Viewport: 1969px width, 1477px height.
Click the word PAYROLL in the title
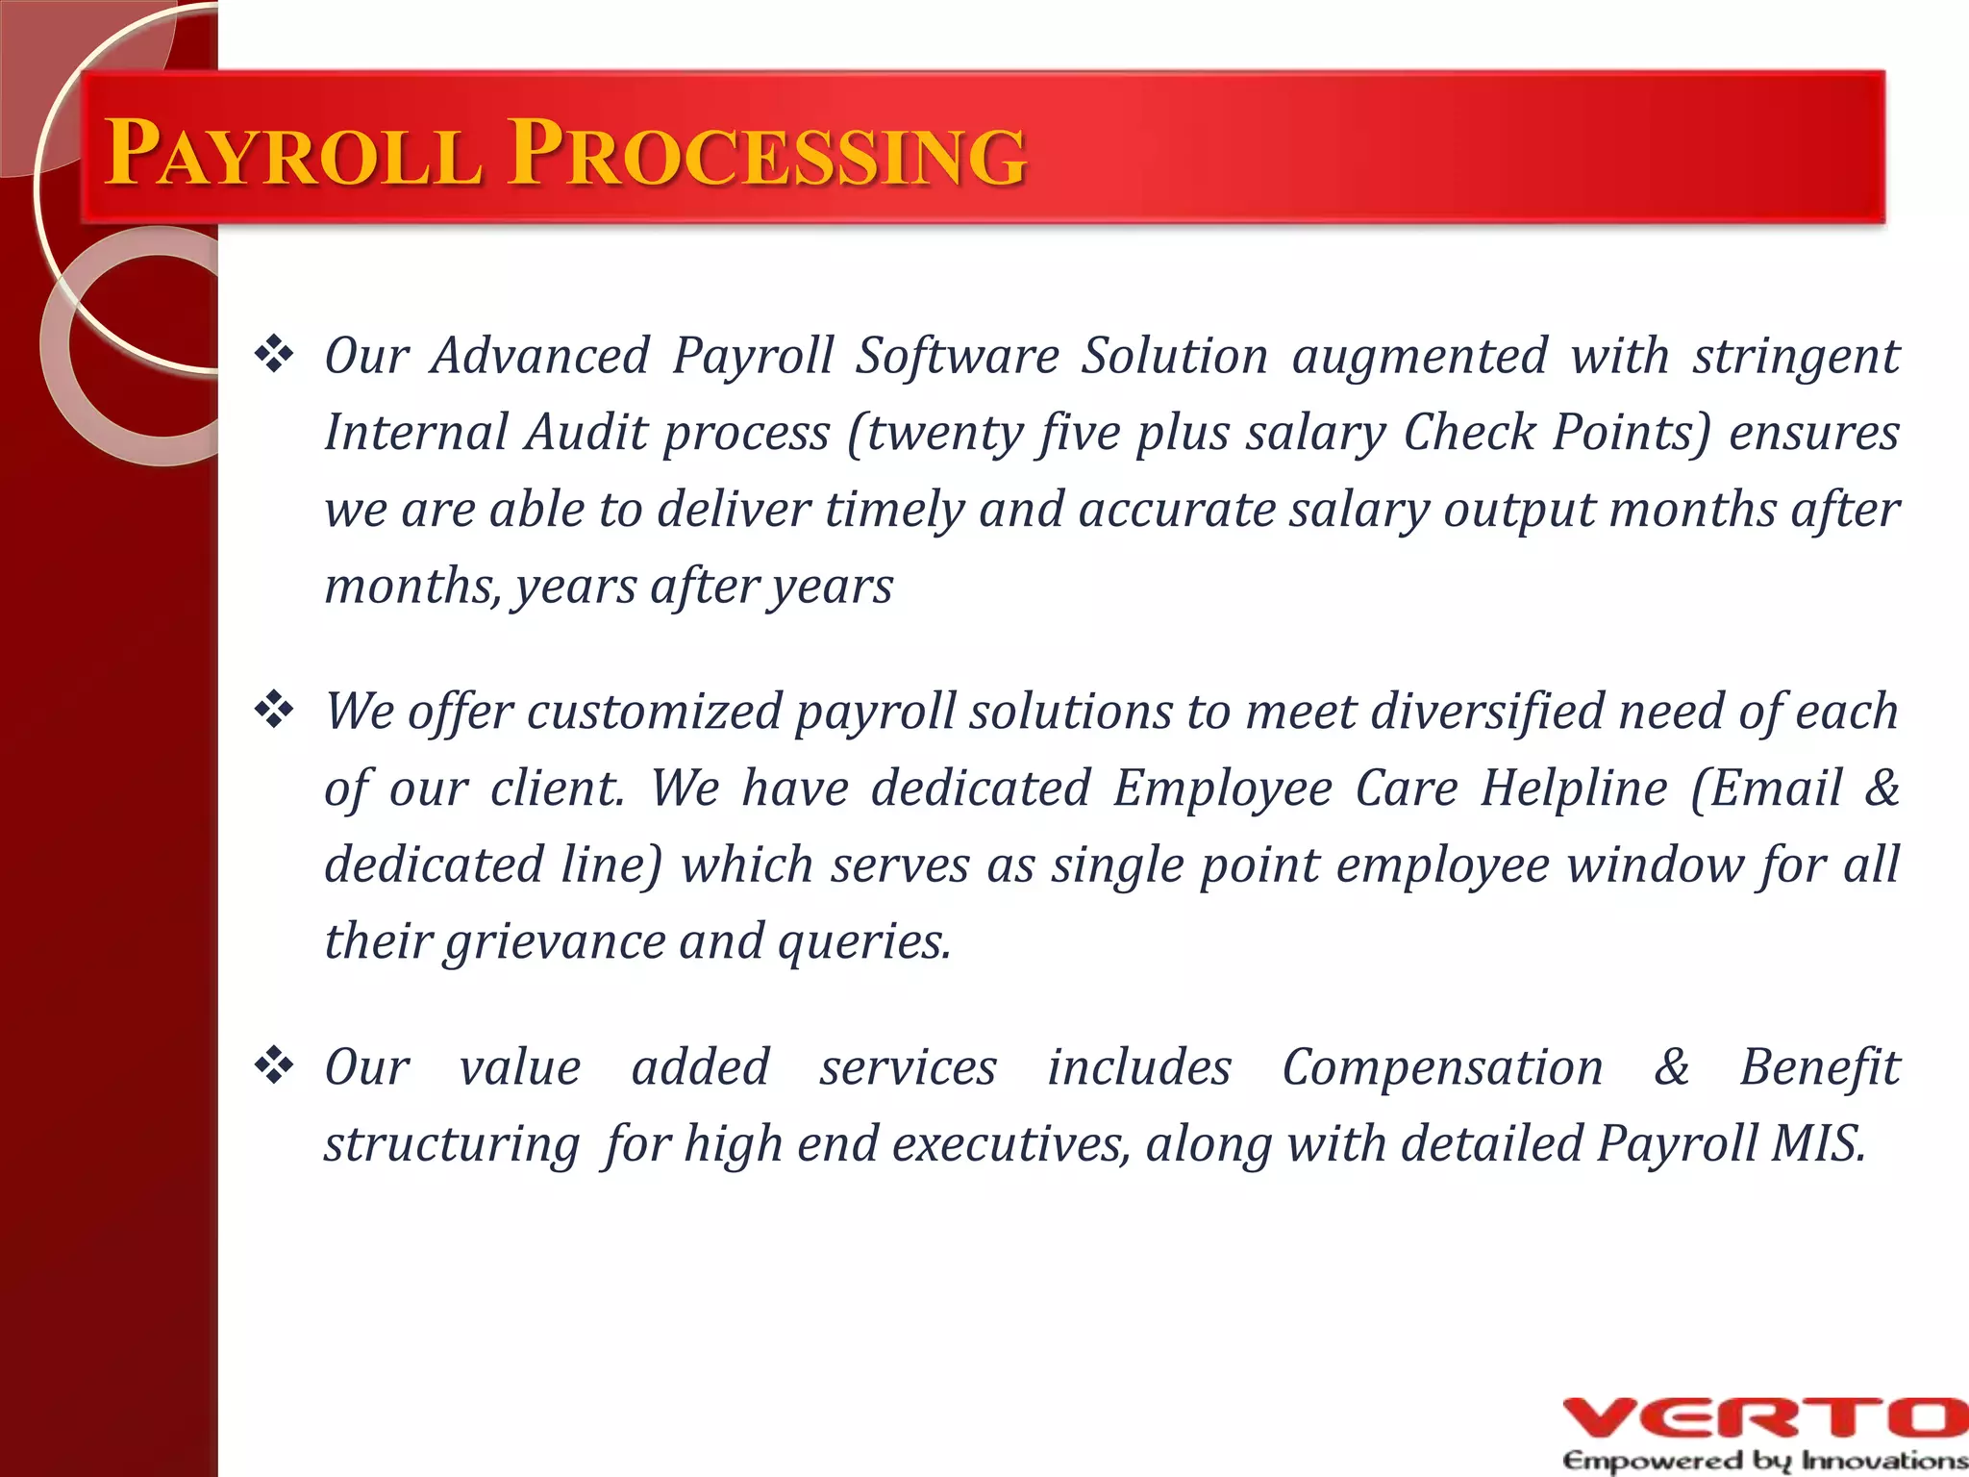[x=293, y=154]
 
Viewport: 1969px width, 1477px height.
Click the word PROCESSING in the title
[x=767, y=154]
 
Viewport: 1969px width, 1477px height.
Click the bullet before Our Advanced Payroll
[x=274, y=355]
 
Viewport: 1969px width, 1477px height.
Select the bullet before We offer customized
[x=274, y=711]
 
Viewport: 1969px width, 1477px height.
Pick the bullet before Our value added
[x=274, y=1066]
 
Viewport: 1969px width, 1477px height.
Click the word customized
[x=654, y=712]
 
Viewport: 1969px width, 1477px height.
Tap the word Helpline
[x=1573, y=789]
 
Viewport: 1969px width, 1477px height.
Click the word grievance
[x=554, y=941]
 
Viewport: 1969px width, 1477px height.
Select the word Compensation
[x=1442, y=1067]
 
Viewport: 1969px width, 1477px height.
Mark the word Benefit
[x=1819, y=1067]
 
